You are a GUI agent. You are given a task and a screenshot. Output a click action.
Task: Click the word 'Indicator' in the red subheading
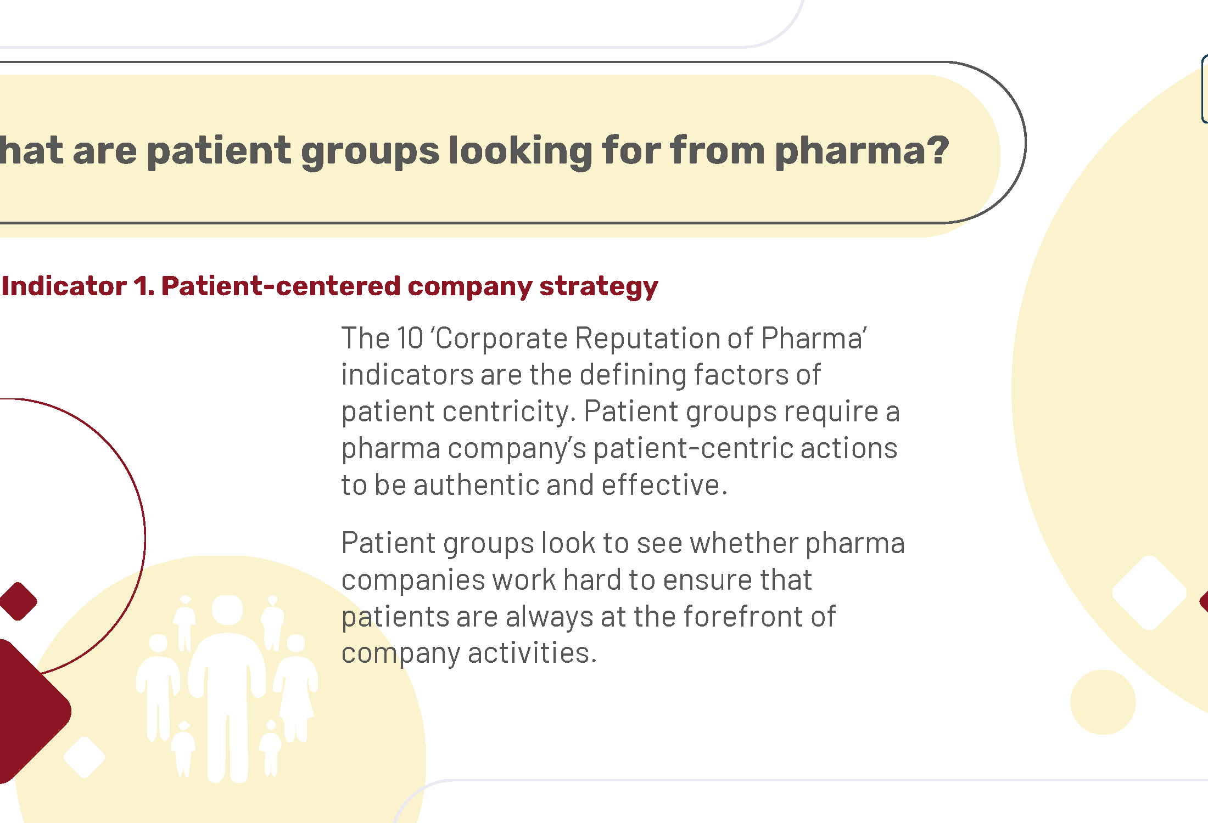[x=64, y=286]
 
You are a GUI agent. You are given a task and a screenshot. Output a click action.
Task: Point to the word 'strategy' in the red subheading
[x=599, y=288]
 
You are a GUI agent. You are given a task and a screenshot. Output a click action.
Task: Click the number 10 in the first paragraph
[x=410, y=338]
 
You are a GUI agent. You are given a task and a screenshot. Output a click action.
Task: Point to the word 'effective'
[x=664, y=485]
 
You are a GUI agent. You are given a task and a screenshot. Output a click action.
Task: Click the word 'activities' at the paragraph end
[x=532, y=653]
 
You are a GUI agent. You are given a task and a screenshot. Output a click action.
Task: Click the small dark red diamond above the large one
[x=18, y=601]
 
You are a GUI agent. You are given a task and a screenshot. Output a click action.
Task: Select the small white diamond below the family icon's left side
[x=84, y=757]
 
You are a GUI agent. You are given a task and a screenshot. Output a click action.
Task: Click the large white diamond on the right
[x=1149, y=593]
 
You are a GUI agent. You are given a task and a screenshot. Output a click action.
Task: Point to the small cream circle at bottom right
[x=1103, y=702]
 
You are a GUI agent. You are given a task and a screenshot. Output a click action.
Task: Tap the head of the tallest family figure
[x=227, y=610]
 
